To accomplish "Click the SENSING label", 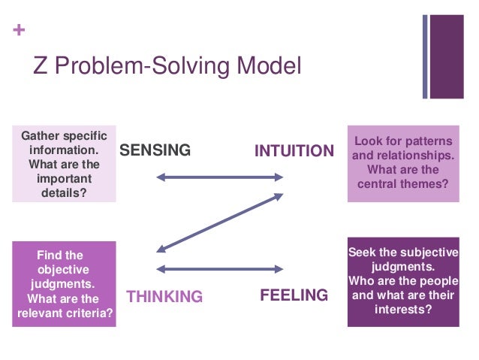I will pyautogui.click(x=155, y=150).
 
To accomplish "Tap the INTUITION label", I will pyautogui.click(x=294, y=150).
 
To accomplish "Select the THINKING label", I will pyautogui.click(x=164, y=296).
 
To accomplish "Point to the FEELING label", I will pyautogui.click(x=294, y=295).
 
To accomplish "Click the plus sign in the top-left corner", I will pyautogui.click(x=17, y=32).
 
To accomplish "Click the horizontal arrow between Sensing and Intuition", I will pyautogui.click(x=219, y=178).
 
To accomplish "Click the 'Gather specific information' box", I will pyautogui.click(x=65, y=163).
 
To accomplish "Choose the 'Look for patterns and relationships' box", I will pyautogui.click(x=403, y=163).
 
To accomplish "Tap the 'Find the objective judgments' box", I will pyautogui.click(x=65, y=284).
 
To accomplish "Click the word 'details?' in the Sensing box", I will pyautogui.click(x=65, y=193).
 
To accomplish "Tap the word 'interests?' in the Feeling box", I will pyautogui.click(x=402, y=308).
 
